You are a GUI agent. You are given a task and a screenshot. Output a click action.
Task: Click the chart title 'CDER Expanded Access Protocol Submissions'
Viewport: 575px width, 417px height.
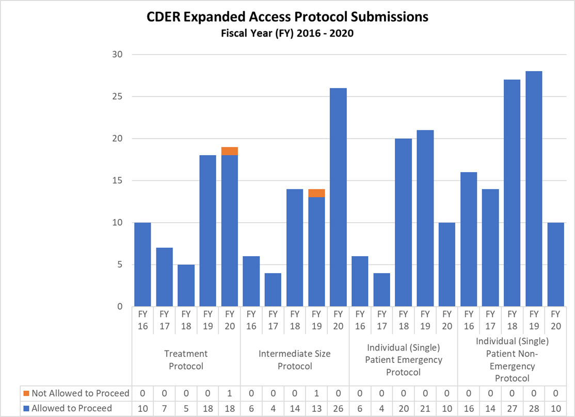tap(287, 17)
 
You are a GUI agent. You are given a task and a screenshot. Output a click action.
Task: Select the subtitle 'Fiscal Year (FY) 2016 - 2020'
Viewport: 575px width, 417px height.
tap(287, 34)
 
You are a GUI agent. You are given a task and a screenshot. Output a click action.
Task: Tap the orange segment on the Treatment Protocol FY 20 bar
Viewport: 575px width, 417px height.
tap(229, 151)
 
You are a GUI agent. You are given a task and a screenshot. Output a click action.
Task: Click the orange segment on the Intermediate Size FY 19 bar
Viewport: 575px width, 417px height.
tap(316, 193)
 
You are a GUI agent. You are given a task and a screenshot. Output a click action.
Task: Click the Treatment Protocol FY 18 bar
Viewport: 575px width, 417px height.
tap(186, 286)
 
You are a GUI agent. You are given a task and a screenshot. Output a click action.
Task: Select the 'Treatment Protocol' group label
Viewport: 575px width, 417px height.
tap(186, 360)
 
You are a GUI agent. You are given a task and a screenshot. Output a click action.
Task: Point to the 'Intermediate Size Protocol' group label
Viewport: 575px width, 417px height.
tap(295, 360)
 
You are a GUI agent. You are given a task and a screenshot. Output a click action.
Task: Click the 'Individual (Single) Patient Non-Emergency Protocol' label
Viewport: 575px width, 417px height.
tap(512, 359)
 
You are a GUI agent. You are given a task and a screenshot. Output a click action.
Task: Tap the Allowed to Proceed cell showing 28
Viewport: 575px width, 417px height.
tap(534, 408)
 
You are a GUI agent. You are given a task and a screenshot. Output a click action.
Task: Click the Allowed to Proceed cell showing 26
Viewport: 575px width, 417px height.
tap(338, 408)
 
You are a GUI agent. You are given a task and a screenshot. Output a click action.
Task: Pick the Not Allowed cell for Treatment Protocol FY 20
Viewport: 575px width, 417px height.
tap(229, 393)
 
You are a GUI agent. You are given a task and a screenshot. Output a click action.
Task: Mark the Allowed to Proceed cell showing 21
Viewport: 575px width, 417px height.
tap(425, 408)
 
